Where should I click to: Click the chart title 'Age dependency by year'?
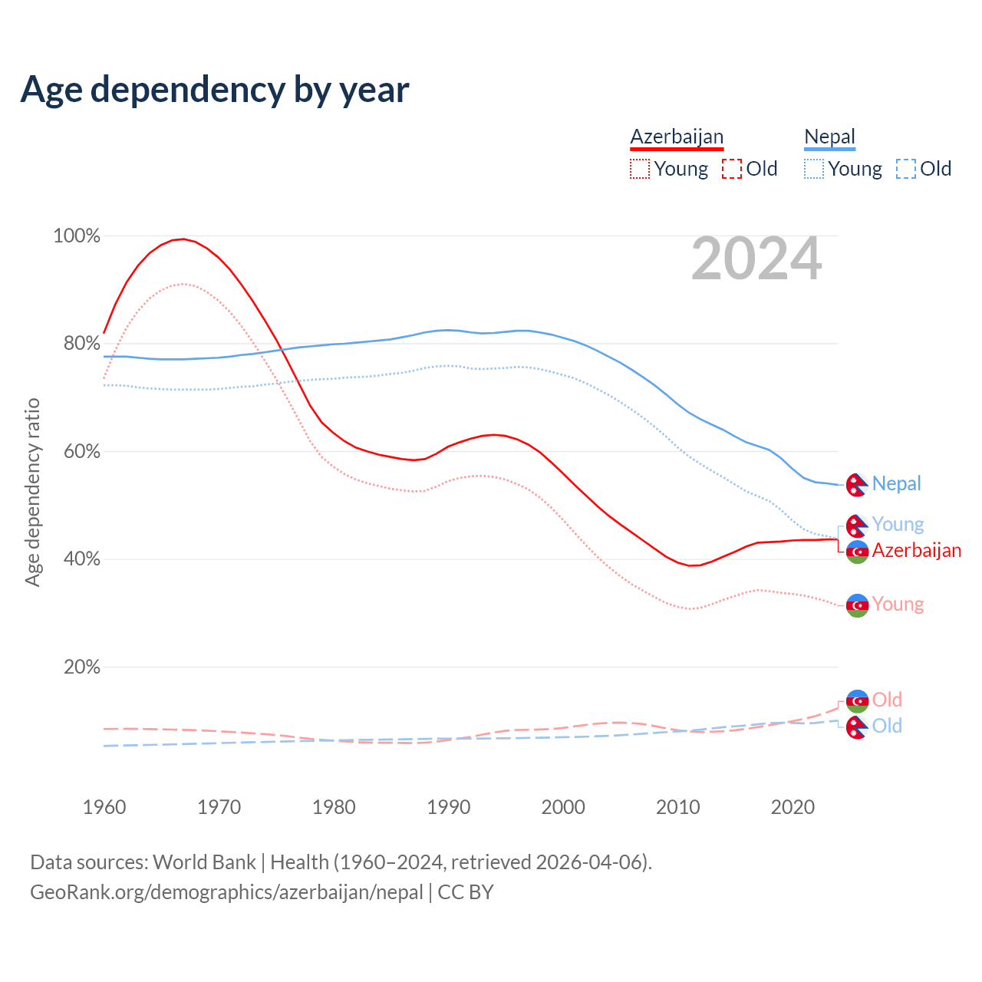click(x=215, y=90)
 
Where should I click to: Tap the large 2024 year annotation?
click(x=756, y=259)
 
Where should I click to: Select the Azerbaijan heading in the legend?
click(x=677, y=137)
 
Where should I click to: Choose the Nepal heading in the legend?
click(x=829, y=137)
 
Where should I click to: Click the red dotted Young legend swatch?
click(x=639, y=169)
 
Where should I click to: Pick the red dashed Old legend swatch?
click(x=732, y=169)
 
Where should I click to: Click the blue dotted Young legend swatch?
click(x=813, y=169)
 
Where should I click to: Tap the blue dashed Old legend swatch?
click(x=906, y=169)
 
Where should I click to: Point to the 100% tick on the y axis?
click(x=77, y=236)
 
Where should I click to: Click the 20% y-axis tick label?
click(x=81, y=667)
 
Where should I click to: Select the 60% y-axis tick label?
click(x=81, y=451)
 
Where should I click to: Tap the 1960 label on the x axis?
click(x=104, y=807)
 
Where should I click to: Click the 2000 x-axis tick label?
click(x=563, y=807)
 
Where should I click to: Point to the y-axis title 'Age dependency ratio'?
click(x=32, y=492)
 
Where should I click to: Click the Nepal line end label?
click(x=896, y=483)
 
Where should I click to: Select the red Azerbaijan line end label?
click(x=916, y=550)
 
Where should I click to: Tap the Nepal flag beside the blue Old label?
click(x=857, y=727)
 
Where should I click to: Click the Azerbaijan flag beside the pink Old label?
click(x=857, y=700)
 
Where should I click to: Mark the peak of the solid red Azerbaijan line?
click(x=183, y=239)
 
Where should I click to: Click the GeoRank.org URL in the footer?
click(x=226, y=892)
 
